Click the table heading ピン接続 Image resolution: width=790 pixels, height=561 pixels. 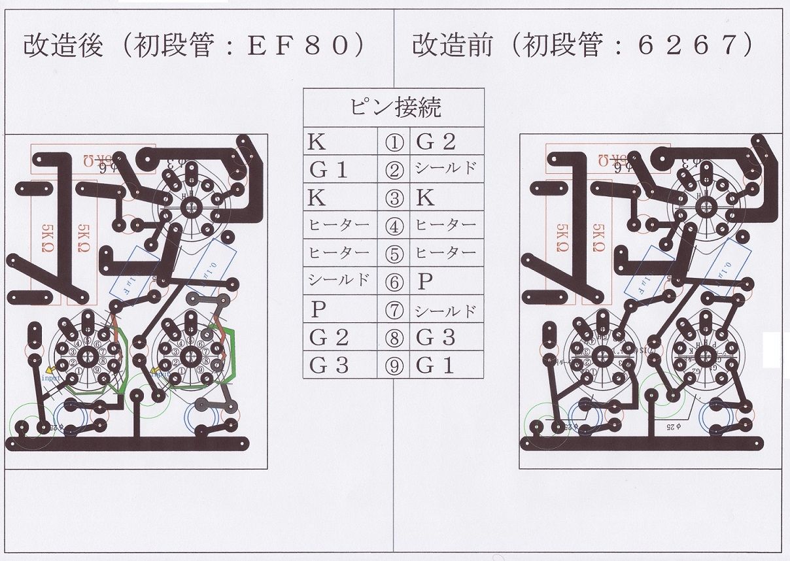(x=394, y=107)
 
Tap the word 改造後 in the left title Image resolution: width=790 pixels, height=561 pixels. (x=63, y=46)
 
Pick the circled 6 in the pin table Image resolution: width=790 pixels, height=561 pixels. (x=394, y=282)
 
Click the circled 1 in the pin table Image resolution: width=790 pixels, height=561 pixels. (x=394, y=142)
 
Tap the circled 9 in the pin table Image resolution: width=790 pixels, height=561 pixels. (x=394, y=367)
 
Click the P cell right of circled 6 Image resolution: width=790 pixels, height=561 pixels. (x=426, y=282)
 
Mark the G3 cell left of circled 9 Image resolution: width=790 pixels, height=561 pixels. (x=330, y=367)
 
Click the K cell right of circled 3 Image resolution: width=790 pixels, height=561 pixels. (x=426, y=198)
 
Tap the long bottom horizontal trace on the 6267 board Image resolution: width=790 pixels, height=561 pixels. (x=644, y=443)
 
